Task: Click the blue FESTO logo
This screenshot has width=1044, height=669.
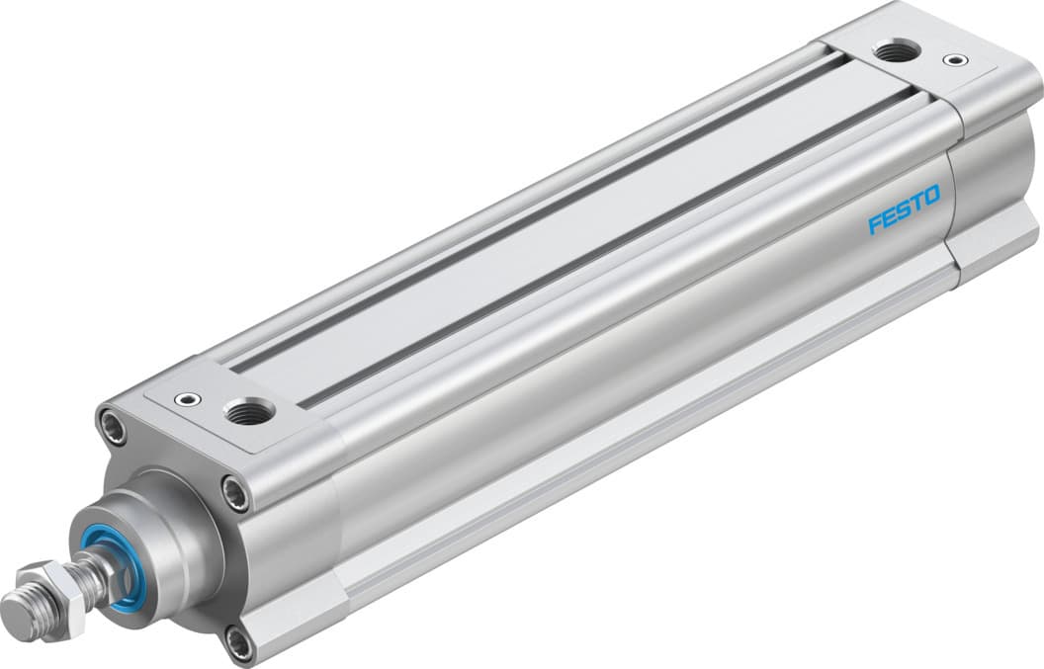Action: tap(905, 209)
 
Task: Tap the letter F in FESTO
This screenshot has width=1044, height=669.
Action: tap(874, 224)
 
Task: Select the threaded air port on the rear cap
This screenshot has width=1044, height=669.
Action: tap(897, 49)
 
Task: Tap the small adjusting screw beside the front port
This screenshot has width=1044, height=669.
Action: tap(183, 399)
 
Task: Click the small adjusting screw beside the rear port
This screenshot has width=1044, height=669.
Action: tap(954, 60)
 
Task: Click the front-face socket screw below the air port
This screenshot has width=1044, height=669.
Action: tap(235, 492)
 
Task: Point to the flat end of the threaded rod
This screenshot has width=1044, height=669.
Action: tap(12, 605)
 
